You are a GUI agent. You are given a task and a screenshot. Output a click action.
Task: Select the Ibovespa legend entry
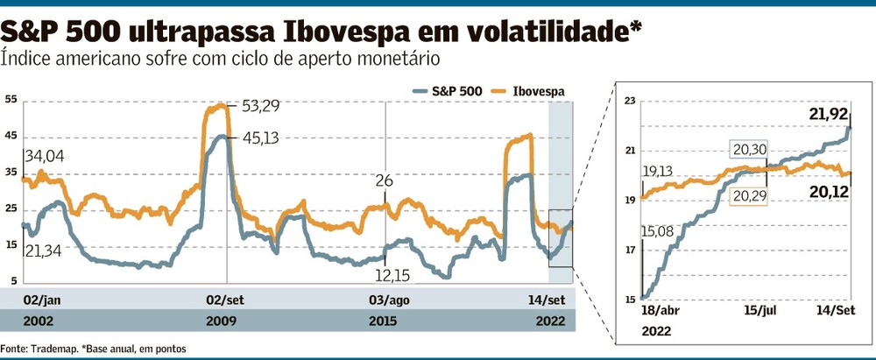tap(529, 91)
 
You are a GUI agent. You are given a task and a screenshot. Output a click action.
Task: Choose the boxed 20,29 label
tap(746, 197)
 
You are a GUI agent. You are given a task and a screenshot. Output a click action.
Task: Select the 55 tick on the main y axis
tap(11, 100)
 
